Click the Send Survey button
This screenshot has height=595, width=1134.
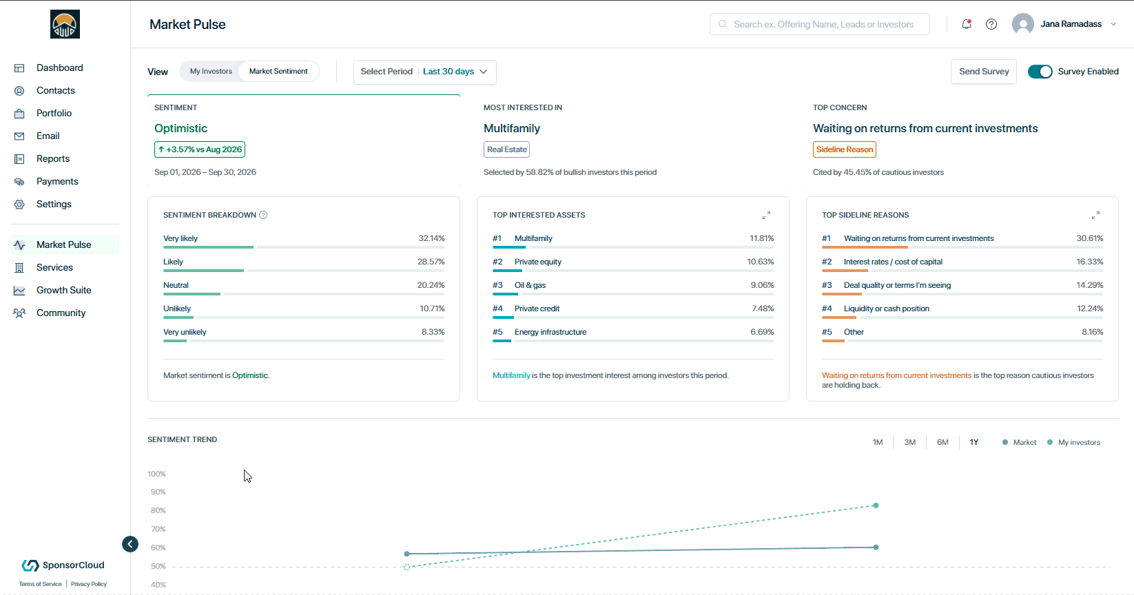[x=984, y=72]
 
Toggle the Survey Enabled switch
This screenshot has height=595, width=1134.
[x=1040, y=72]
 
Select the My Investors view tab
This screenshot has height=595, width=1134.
[x=211, y=72]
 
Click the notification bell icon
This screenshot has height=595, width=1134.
[x=967, y=24]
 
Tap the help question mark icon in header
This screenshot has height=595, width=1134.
[x=991, y=24]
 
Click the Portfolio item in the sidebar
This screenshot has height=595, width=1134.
[x=54, y=114]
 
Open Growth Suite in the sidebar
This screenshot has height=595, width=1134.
[x=64, y=291]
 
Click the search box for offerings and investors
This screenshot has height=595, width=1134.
[x=820, y=24]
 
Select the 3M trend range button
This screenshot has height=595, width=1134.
[x=909, y=442]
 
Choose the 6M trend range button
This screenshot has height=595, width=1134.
[x=942, y=442]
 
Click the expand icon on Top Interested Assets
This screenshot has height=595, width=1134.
[x=767, y=215]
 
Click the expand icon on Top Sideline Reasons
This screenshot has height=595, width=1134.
[x=1095, y=215]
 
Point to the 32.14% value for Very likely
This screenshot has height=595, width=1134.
[x=431, y=238]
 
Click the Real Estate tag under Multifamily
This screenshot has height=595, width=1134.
[x=506, y=149]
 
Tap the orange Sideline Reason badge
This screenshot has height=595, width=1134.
[x=845, y=149]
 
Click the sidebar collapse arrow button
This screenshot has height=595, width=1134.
[x=130, y=545]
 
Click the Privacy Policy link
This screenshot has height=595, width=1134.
[x=89, y=584]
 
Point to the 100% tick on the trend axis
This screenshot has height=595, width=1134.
[x=156, y=474]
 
